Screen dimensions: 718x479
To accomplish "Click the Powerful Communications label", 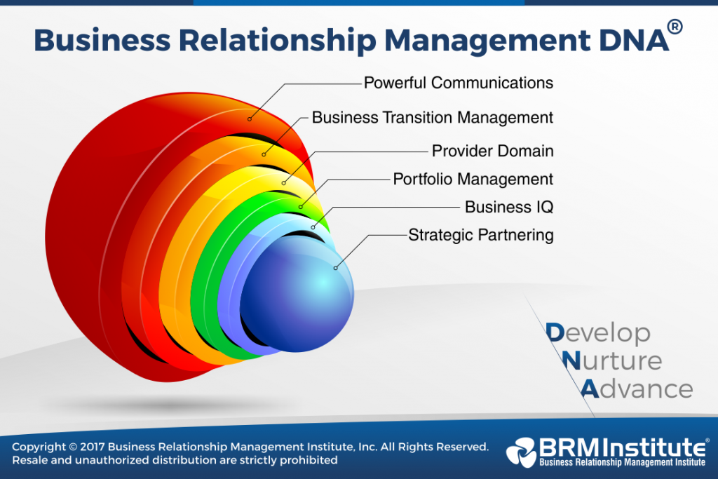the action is (459, 83).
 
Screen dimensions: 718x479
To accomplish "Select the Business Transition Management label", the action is (433, 118).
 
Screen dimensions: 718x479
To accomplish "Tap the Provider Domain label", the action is (493, 151).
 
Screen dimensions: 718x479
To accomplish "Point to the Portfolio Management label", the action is (473, 179).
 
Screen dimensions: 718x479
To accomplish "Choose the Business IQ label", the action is (509, 207).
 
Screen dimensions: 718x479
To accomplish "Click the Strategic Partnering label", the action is (481, 235).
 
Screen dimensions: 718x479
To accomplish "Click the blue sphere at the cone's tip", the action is (297, 294).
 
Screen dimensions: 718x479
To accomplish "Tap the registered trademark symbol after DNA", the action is (675, 27).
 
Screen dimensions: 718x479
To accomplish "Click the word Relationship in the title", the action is (277, 40).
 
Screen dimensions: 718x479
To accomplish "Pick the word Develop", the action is (598, 334).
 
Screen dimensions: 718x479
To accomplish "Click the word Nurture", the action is (611, 361).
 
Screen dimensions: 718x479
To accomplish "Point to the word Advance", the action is (637, 389).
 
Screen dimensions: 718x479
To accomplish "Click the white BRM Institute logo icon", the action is (521, 452).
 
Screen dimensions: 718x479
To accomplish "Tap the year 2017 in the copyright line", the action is (93, 447).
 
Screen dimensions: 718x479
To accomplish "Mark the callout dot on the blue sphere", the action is (336, 268).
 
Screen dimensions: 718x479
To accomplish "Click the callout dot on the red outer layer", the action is (250, 119).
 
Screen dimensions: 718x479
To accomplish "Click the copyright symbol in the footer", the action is (73, 447).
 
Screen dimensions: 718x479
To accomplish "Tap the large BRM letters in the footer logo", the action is (569, 447).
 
